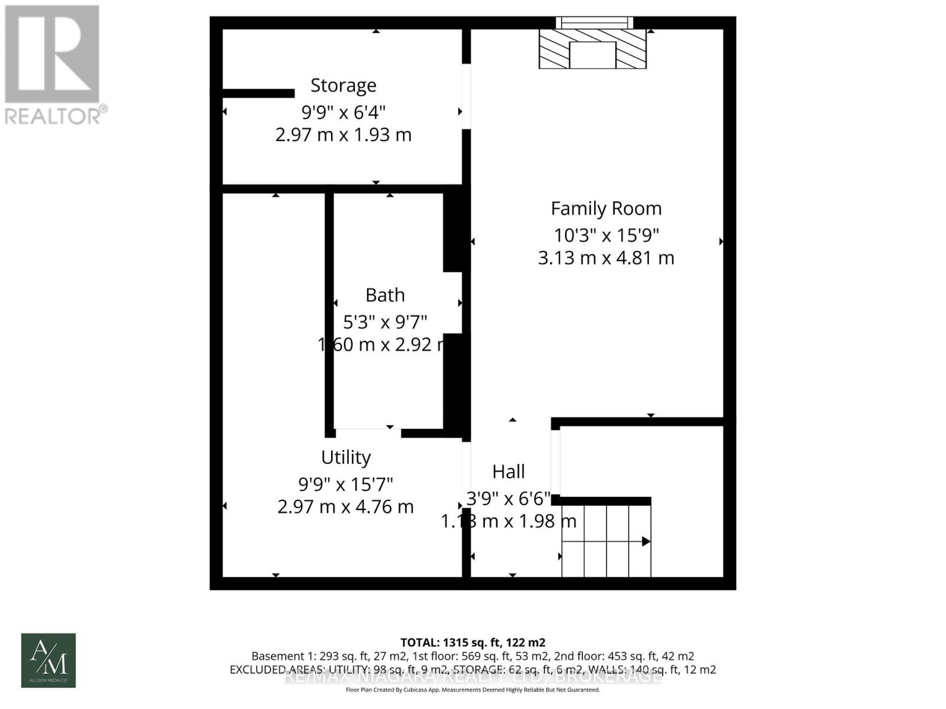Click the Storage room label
click(x=344, y=86)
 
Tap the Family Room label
click(x=606, y=209)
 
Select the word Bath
click(x=385, y=295)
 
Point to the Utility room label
click(x=346, y=457)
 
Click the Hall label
click(x=508, y=471)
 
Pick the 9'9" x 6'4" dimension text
click(x=344, y=112)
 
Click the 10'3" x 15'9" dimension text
click(x=606, y=235)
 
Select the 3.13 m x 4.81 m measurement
click(x=606, y=258)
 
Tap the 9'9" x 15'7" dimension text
click(x=346, y=484)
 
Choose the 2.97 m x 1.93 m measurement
click(x=344, y=135)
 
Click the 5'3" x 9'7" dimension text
click(x=385, y=322)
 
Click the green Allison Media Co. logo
click(x=48, y=661)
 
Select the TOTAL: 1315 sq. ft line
click(x=473, y=642)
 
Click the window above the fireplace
click(x=594, y=23)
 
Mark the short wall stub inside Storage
click(x=258, y=93)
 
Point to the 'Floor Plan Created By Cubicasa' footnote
click(x=473, y=690)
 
